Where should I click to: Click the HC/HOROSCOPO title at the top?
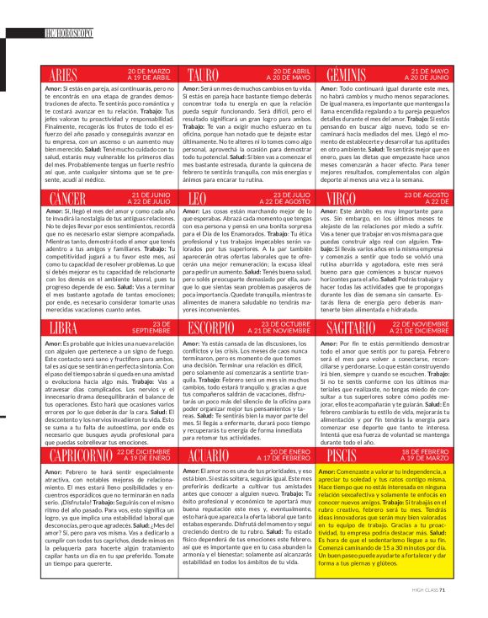[x=71, y=34]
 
